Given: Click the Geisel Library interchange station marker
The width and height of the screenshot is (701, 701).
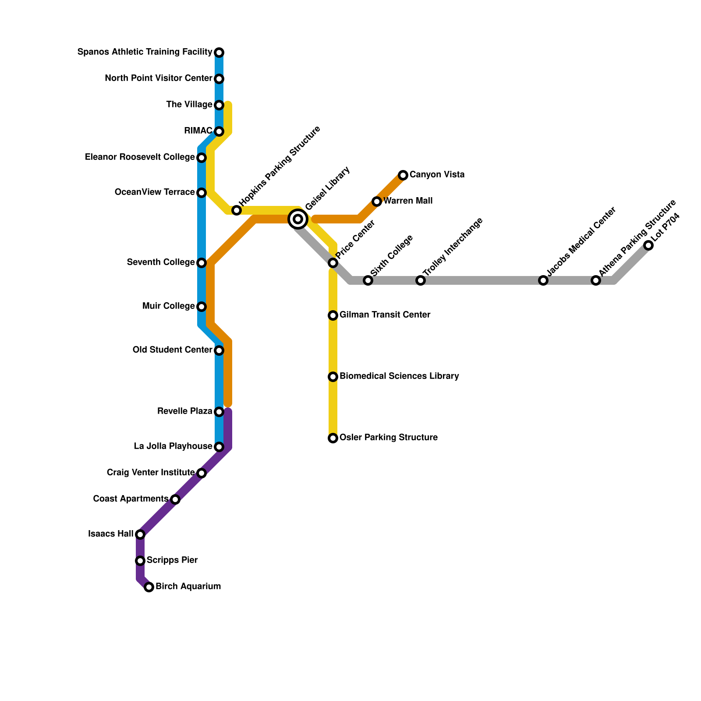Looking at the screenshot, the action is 298,219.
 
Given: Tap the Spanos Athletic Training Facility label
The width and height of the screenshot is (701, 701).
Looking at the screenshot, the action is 145,52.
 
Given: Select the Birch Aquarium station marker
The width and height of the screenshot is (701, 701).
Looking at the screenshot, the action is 149,587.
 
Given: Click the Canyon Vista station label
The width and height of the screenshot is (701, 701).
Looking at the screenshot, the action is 437,175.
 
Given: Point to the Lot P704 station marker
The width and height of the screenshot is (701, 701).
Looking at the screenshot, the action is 648,245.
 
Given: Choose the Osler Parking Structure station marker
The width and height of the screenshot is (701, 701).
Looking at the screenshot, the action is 333,438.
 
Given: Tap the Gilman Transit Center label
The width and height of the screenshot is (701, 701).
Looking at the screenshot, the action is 385,315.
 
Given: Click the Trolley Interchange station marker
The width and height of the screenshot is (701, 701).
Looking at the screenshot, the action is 421,280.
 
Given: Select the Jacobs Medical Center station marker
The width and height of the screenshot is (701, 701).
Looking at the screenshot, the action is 543,280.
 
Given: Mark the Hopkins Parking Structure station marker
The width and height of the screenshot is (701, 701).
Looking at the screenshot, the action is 237,210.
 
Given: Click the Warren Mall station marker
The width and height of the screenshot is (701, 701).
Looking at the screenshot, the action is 377,202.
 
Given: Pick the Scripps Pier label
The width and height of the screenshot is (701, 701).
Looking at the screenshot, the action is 172,560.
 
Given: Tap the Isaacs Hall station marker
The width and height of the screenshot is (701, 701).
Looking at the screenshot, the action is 140,535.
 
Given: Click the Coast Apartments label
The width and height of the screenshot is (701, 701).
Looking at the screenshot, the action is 131,499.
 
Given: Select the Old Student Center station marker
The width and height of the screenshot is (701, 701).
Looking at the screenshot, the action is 219,350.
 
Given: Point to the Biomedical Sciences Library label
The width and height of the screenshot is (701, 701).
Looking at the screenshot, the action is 399,376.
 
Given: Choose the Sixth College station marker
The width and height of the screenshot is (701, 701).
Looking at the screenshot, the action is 368,280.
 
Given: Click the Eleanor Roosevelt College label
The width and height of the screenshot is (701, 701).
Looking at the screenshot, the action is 140,157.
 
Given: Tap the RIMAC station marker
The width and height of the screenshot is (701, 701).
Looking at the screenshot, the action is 219,131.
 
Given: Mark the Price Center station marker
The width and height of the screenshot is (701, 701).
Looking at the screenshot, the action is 333,263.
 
